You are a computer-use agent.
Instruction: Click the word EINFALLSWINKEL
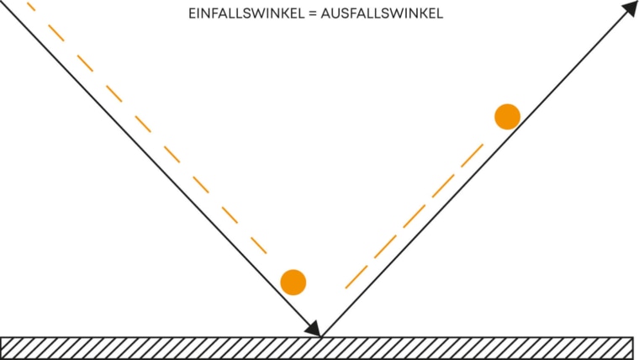point(246,13)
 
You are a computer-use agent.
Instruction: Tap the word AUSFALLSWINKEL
point(382,13)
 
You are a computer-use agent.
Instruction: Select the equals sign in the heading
point(313,13)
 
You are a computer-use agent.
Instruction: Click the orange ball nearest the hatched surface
point(293,282)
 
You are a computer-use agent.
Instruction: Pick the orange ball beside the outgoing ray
point(507,117)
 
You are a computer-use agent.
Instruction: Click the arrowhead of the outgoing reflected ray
point(630,8)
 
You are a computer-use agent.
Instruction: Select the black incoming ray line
point(159,167)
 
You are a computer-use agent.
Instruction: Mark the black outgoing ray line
point(479,169)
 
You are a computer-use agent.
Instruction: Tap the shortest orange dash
point(31,7)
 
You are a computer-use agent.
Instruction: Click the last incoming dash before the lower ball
point(258,246)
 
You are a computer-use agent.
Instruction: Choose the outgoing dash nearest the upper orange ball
point(472,156)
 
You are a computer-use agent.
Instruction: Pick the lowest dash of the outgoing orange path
point(356,277)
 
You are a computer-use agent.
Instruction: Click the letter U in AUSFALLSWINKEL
point(336,13)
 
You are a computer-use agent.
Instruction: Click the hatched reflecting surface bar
point(317,348)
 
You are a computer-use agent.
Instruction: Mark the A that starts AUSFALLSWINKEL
point(326,13)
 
